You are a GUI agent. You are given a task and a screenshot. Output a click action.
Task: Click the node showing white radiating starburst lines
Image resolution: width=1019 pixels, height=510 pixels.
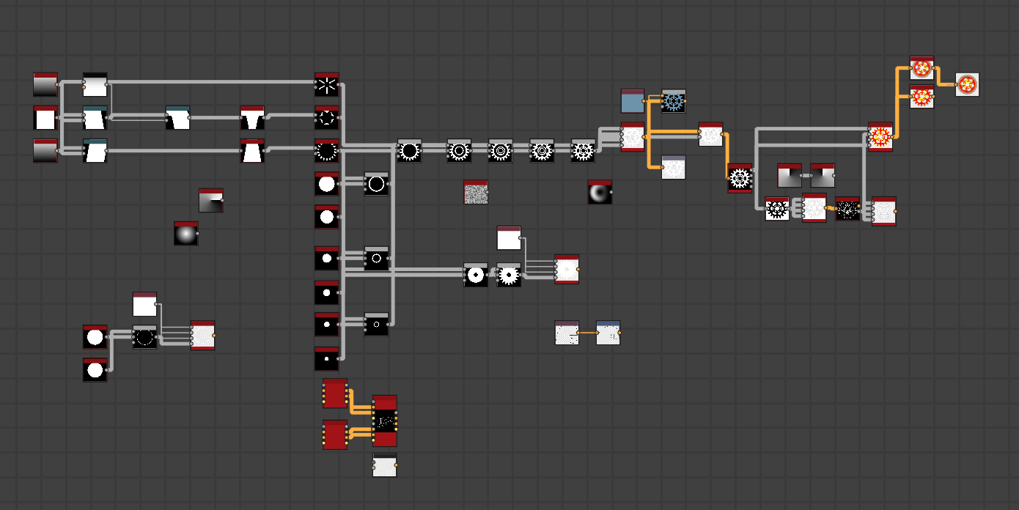[326, 85]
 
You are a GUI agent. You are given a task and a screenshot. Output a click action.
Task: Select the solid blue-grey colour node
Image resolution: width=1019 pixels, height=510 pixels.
[632, 101]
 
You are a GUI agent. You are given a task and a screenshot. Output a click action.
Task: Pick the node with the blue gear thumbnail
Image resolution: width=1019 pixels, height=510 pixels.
[673, 101]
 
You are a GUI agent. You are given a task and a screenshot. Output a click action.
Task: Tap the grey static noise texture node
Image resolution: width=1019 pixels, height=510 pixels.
[476, 192]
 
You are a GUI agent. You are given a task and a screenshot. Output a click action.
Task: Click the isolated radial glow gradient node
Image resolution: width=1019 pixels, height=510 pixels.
[185, 233]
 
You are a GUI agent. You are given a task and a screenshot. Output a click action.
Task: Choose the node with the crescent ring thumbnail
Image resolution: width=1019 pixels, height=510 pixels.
[599, 192]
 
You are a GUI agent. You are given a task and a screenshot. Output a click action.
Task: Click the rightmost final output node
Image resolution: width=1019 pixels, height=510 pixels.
[967, 84]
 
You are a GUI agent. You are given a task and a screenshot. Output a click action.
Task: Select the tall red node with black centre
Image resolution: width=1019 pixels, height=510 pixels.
[384, 421]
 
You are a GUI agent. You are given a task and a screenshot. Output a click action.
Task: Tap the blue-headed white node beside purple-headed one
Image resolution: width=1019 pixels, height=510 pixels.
[608, 333]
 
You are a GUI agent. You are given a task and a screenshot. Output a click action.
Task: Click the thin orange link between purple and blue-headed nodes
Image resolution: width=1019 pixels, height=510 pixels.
[587, 333]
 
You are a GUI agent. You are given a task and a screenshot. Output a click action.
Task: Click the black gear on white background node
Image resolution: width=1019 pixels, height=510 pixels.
[776, 209]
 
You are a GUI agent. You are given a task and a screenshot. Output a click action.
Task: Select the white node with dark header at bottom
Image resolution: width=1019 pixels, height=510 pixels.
[384, 465]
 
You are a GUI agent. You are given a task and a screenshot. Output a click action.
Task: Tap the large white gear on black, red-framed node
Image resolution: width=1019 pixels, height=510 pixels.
[740, 178]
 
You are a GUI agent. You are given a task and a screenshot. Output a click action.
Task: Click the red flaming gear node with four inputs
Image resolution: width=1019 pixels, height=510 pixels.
[880, 136]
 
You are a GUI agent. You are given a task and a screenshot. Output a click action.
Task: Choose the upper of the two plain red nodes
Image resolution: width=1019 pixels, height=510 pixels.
[335, 393]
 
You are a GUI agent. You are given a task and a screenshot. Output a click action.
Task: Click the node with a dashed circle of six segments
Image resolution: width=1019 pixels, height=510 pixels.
[326, 117]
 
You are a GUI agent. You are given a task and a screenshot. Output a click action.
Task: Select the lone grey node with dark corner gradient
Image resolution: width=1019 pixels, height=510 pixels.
[210, 200]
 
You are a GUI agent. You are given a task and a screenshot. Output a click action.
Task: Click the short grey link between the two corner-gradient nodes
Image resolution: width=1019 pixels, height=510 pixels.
[806, 176]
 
